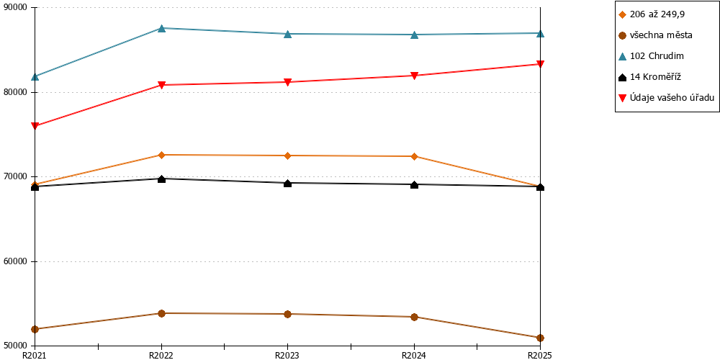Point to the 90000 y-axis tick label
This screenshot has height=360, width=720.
click(x=16, y=8)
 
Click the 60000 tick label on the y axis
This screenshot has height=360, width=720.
click(x=16, y=262)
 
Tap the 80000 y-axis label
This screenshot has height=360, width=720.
click(x=16, y=92)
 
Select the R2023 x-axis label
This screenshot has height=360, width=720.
click(x=287, y=355)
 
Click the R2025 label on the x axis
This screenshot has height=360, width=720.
click(x=540, y=355)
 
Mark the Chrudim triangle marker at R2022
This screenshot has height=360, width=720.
click(x=161, y=28)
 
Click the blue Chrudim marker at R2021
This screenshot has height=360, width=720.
click(x=35, y=76)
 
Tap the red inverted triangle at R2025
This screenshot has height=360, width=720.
click(x=541, y=64)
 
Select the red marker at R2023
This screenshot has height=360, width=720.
click(x=287, y=82)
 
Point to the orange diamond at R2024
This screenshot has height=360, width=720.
click(x=414, y=156)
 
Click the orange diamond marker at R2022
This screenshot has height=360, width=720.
click(x=161, y=155)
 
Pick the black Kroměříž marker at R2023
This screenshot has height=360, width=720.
click(x=287, y=183)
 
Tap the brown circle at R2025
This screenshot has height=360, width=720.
click(x=541, y=338)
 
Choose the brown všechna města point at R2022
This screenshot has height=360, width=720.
click(x=161, y=313)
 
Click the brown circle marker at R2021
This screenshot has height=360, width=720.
click(x=35, y=329)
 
